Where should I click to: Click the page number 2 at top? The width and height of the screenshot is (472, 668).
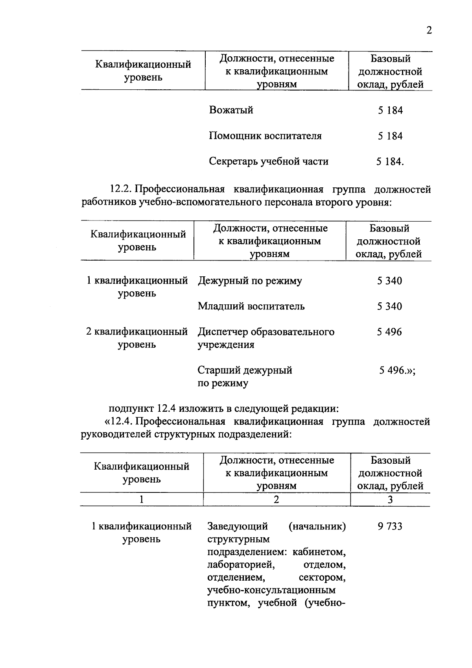(x=429, y=30)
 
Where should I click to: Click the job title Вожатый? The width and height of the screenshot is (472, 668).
(x=231, y=110)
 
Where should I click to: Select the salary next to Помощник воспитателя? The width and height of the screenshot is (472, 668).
(x=390, y=136)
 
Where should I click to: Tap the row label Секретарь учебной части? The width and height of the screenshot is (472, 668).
(x=269, y=161)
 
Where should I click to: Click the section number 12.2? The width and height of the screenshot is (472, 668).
(x=122, y=189)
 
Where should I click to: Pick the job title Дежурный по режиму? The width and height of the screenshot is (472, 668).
(x=250, y=281)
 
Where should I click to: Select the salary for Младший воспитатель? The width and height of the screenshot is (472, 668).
(x=389, y=306)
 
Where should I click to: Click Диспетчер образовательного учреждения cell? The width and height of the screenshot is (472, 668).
(x=266, y=338)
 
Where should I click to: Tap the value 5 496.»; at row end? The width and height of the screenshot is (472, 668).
(x=397, y=370)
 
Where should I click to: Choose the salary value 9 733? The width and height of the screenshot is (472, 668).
(x=390, y=526)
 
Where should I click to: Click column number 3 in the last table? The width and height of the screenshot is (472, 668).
(x=390, y=500)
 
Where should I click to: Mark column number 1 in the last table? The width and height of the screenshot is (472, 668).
(x=141, y=500)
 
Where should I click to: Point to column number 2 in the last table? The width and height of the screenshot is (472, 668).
(x=277, y=500)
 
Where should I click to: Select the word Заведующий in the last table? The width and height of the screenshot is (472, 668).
(x=238, y=526)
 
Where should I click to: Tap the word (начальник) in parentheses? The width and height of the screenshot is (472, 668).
(x=317, y=526)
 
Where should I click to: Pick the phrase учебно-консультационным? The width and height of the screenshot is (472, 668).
(x=271, y=590)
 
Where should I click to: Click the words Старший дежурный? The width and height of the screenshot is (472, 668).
(x=245, y=370)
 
